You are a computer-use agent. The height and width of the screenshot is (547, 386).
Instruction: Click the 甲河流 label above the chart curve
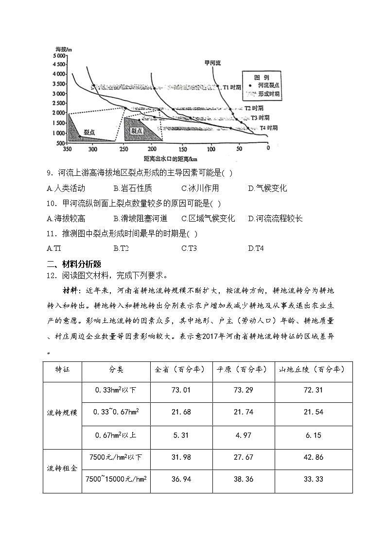[212, 63]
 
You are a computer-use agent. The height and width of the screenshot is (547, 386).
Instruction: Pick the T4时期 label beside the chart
[268, 128]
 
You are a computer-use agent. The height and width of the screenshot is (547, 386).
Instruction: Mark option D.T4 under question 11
[256, 248]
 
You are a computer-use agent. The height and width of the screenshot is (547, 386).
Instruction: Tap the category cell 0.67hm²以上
[116, 435]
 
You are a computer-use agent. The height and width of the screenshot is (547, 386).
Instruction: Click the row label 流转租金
[62, 469]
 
